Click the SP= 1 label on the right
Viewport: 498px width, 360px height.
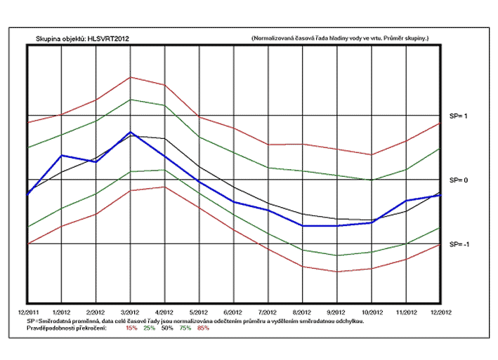459,115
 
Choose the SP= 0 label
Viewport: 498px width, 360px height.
459,180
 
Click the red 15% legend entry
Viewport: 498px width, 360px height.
131,328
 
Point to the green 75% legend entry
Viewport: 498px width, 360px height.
185,328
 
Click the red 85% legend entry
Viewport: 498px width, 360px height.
204,328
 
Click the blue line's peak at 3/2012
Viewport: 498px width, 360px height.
130,132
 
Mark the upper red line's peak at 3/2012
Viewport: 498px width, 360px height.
130,77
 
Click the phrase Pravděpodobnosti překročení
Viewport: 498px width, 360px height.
66,328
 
